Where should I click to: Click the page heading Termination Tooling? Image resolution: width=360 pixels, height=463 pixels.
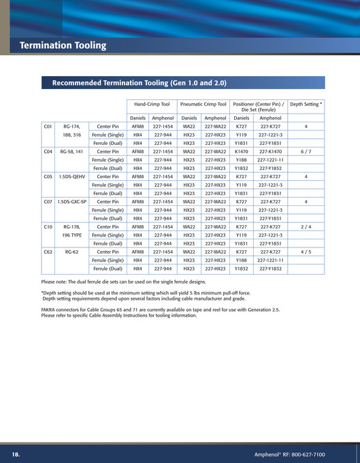coord(63,46)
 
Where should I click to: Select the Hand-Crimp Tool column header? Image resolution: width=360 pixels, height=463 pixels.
coord(152,105)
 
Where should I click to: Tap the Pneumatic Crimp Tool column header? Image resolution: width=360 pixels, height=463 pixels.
coord(203,105)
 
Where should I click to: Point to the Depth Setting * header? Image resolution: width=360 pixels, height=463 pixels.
coord(306,105)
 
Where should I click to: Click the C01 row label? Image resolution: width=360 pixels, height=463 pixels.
coord(48,126)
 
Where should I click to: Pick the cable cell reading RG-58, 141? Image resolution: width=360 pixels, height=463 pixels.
coord(71,152)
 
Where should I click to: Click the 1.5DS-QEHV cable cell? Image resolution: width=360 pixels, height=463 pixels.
coord(71,177)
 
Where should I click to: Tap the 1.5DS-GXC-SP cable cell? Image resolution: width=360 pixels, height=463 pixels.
coord(71,202)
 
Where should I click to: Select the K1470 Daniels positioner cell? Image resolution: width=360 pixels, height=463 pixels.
coord(242,152)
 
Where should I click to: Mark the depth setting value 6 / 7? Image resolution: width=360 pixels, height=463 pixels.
coord(306,152)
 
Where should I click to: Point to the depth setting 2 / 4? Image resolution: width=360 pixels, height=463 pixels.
coord(306,227)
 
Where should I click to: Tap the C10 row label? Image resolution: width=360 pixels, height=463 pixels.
coord(48,227)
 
